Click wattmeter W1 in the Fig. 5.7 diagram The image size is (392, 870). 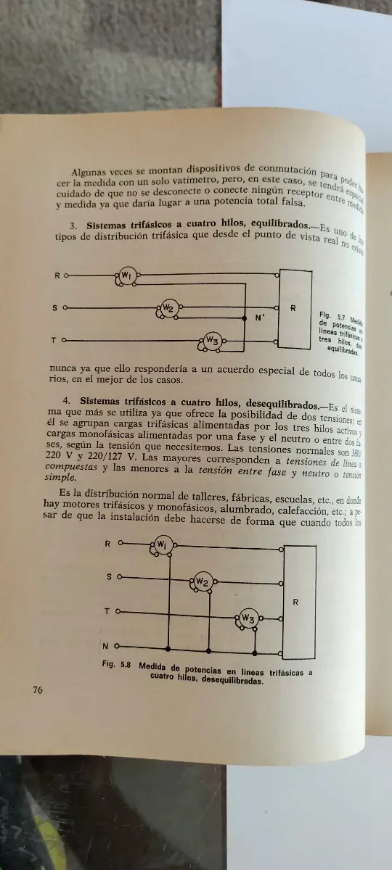[126, 275]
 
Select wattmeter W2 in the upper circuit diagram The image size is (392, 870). [168, 308]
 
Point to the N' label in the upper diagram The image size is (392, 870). [261, 317]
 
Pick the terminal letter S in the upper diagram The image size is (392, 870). [54, 308]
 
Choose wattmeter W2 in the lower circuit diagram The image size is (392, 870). [202, 582]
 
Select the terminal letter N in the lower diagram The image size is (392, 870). [106, 646]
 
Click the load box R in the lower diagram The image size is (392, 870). [296, 602]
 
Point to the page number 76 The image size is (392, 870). [38, 689]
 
